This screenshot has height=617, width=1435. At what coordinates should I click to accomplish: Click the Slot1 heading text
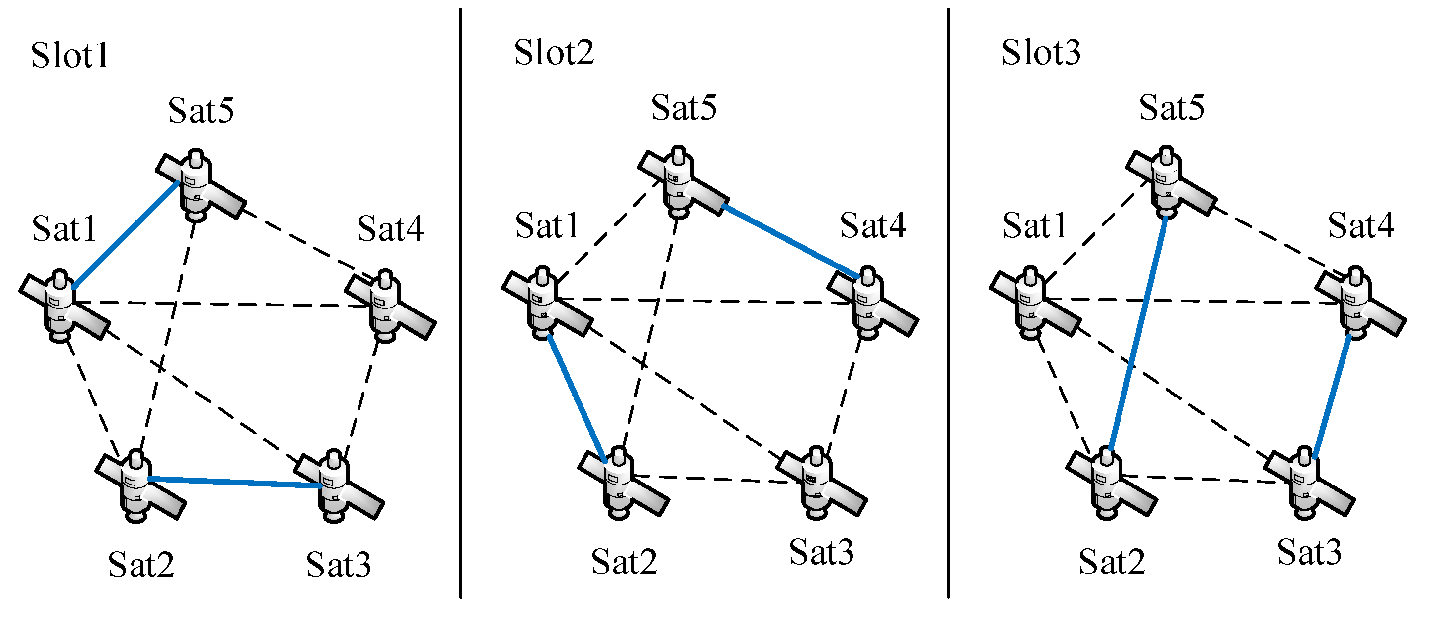point(70,56)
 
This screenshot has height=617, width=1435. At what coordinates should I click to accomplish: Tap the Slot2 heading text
point(554,53)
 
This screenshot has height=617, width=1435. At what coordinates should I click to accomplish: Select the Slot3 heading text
point(1040,53)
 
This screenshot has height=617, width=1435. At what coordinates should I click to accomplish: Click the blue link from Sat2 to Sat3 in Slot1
point(234,482)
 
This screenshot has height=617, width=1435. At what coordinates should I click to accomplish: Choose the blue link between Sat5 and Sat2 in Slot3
point(1138,334)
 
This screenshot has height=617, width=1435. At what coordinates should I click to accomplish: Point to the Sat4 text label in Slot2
point(873,225)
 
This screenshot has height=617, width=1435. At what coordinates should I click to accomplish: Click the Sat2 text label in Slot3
point(1111,563)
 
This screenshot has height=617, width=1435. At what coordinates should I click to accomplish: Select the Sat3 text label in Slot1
point(338,565)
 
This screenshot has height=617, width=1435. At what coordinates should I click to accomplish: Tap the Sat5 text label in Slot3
point(1171,107)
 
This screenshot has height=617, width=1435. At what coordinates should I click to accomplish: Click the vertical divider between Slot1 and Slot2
point(461,304)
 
